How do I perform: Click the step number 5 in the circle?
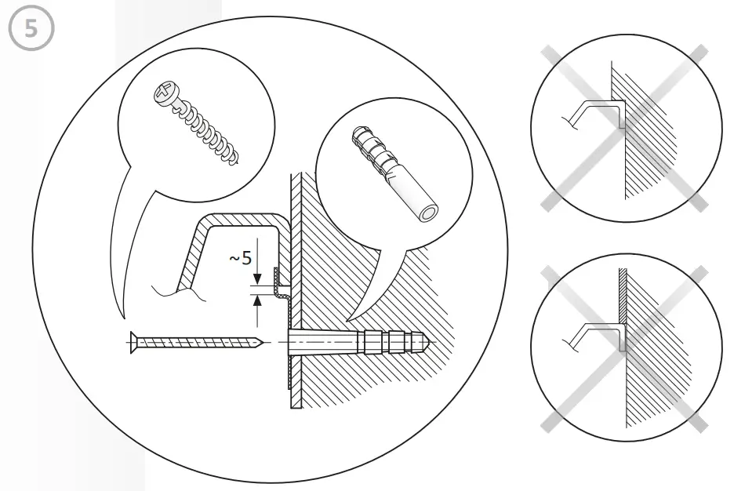tap(31, 31)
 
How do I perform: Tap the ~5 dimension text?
tap(240, 257)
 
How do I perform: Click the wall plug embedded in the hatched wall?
tap(361, 343)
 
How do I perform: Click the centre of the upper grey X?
tap(620, 125)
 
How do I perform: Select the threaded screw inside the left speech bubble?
tap(196, 125)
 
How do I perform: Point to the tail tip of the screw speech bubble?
tap(123, 317)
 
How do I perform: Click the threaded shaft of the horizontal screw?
tap(196, 342)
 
